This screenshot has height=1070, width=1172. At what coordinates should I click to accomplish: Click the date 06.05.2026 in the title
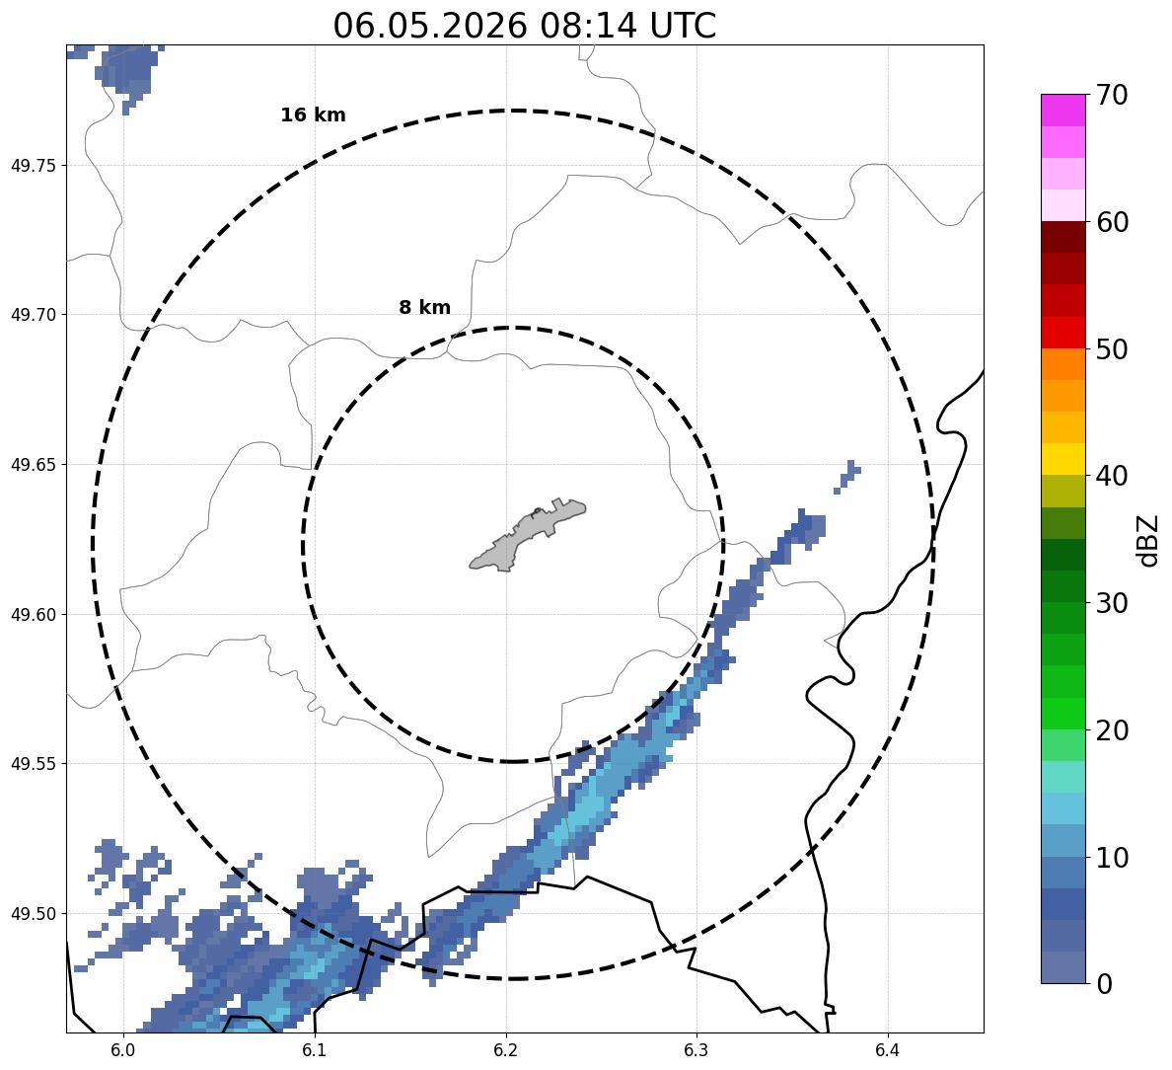click(x=430, y=27)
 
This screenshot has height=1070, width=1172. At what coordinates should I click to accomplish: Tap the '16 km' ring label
click(x=313, y=115)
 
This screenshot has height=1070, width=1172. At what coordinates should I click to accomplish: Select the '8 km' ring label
click(x=424, y=307)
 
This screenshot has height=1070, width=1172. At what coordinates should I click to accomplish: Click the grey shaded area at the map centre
click(x=527, y=535)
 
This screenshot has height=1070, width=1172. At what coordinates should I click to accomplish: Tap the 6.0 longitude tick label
click(x=123, y=1051)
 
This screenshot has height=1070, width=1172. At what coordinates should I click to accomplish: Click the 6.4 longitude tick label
click(x=887, y=1051)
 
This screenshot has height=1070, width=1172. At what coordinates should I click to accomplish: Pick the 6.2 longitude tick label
click(x=505, y=1051)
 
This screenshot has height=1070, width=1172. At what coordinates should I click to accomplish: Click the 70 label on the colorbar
click(x=1112, y=95)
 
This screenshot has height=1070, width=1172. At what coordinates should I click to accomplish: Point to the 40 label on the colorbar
click(x=1112, y=476)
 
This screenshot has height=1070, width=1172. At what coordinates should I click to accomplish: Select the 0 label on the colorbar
click(x=1104, y=984)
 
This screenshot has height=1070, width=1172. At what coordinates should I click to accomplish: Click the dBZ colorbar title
click(x=1148, y=540)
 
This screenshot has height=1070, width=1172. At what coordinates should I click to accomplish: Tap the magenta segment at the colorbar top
click(x=1063, y=110)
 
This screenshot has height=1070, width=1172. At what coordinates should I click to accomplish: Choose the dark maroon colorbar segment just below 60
click(x=1063, y=237)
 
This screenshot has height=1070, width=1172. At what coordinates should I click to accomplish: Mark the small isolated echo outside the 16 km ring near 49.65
click(x=847, y=477)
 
